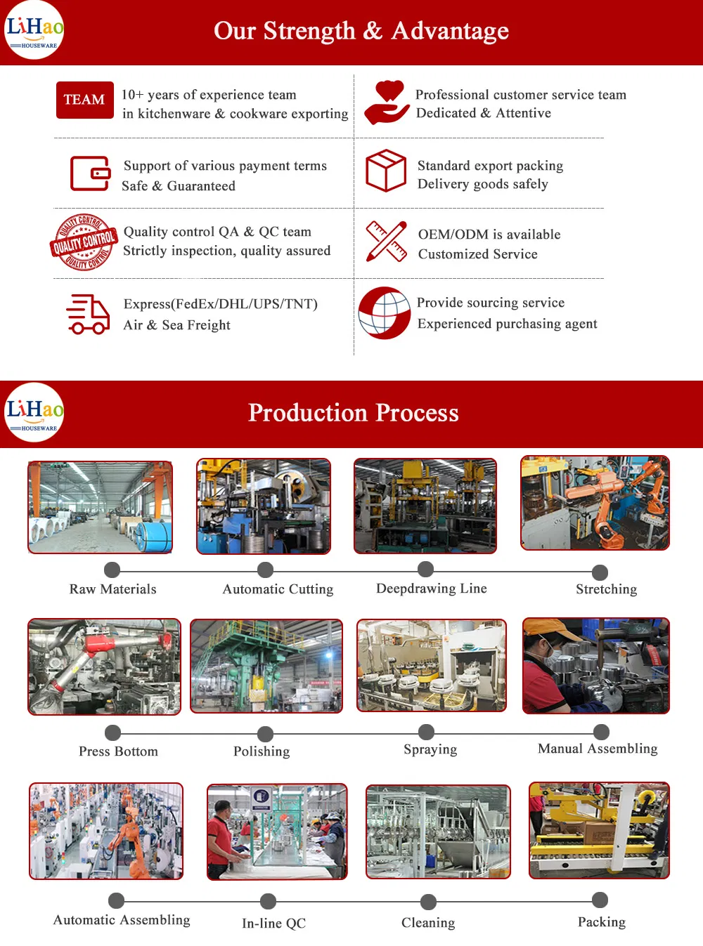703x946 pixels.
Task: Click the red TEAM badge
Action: pyautogui.click(x=84, y=100)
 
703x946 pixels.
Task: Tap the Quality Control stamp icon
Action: pyautogui.click(x=84, y=242)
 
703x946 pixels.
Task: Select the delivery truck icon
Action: pyautogui.click(x=88, y=314)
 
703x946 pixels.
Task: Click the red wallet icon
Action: pyautogui.click(x=90, y=173)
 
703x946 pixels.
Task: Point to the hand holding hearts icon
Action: pyautogui.click(x=387, y=103)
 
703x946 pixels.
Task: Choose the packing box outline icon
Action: pyautogui.click(x=386, y=171)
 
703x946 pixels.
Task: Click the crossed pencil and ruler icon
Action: pyautogui.click(x=386, y=242)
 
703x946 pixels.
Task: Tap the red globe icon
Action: pyautogui.click(x=385, y=313)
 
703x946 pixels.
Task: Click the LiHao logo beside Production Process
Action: pyautogui.click(x=34, y=412)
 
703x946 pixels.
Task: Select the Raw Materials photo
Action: pyautogui.click(x=100, y=507)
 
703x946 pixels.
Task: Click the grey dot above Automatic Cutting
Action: pyautogui.click(x=265, y=570)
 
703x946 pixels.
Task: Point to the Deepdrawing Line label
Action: pyautogui.click(x=431, y=589)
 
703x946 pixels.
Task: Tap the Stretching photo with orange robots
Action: pyautogui.click(x=595, y=503)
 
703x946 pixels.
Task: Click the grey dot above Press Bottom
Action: pyautogui.click(x=112, y=733)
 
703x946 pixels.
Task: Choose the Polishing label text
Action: pyautogui.click(x=262, y=751)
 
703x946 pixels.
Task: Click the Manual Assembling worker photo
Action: pyautogui.click(x=595, y=666)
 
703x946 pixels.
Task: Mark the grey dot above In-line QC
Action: pyautogui.click(x=268, y=901)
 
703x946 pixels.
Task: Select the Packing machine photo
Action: pyautogui.click(x=599, y=830)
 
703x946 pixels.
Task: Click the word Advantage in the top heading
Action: pyautogui.click(x=450, y=31)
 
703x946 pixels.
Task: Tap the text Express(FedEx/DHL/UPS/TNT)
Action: pyautogui.click(x=220, y=304)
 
